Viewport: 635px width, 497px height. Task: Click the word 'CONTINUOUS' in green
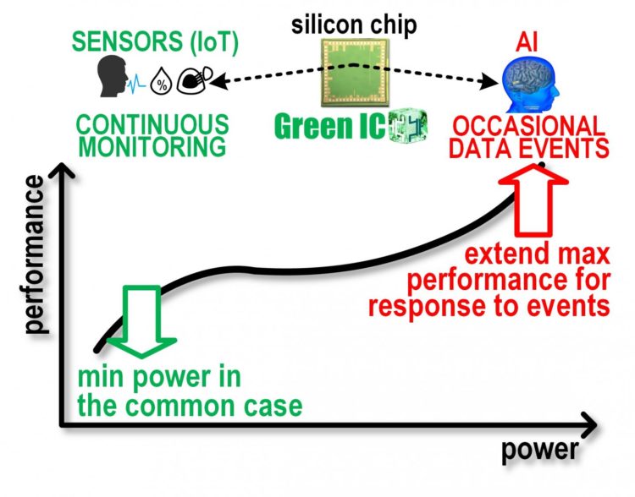(x=152, y=123)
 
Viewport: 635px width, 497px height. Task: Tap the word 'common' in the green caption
(x=187, y=406)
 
